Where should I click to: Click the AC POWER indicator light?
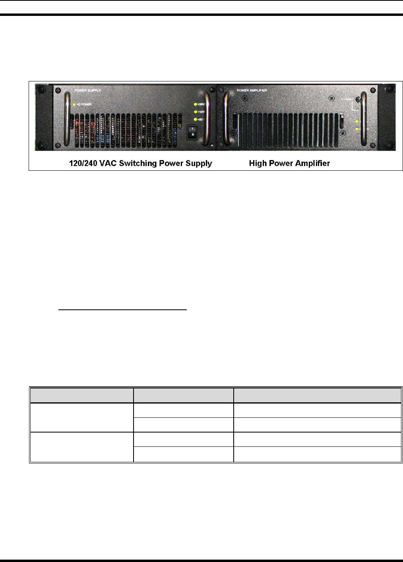click(x=74, y=104)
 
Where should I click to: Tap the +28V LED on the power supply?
click(x=195, y=104)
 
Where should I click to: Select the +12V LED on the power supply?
click(x=195, y=112)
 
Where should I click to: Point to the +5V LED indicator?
click(x=195, y=120)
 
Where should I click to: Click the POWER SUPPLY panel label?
click(x=87, y=91)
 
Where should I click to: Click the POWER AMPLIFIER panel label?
click(x=252, y=91)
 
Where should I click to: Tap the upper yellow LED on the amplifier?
click(x=357, y=122)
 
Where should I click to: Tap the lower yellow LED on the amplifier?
click(x=357, y=129)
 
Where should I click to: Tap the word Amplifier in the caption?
click(x=311, y=163)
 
